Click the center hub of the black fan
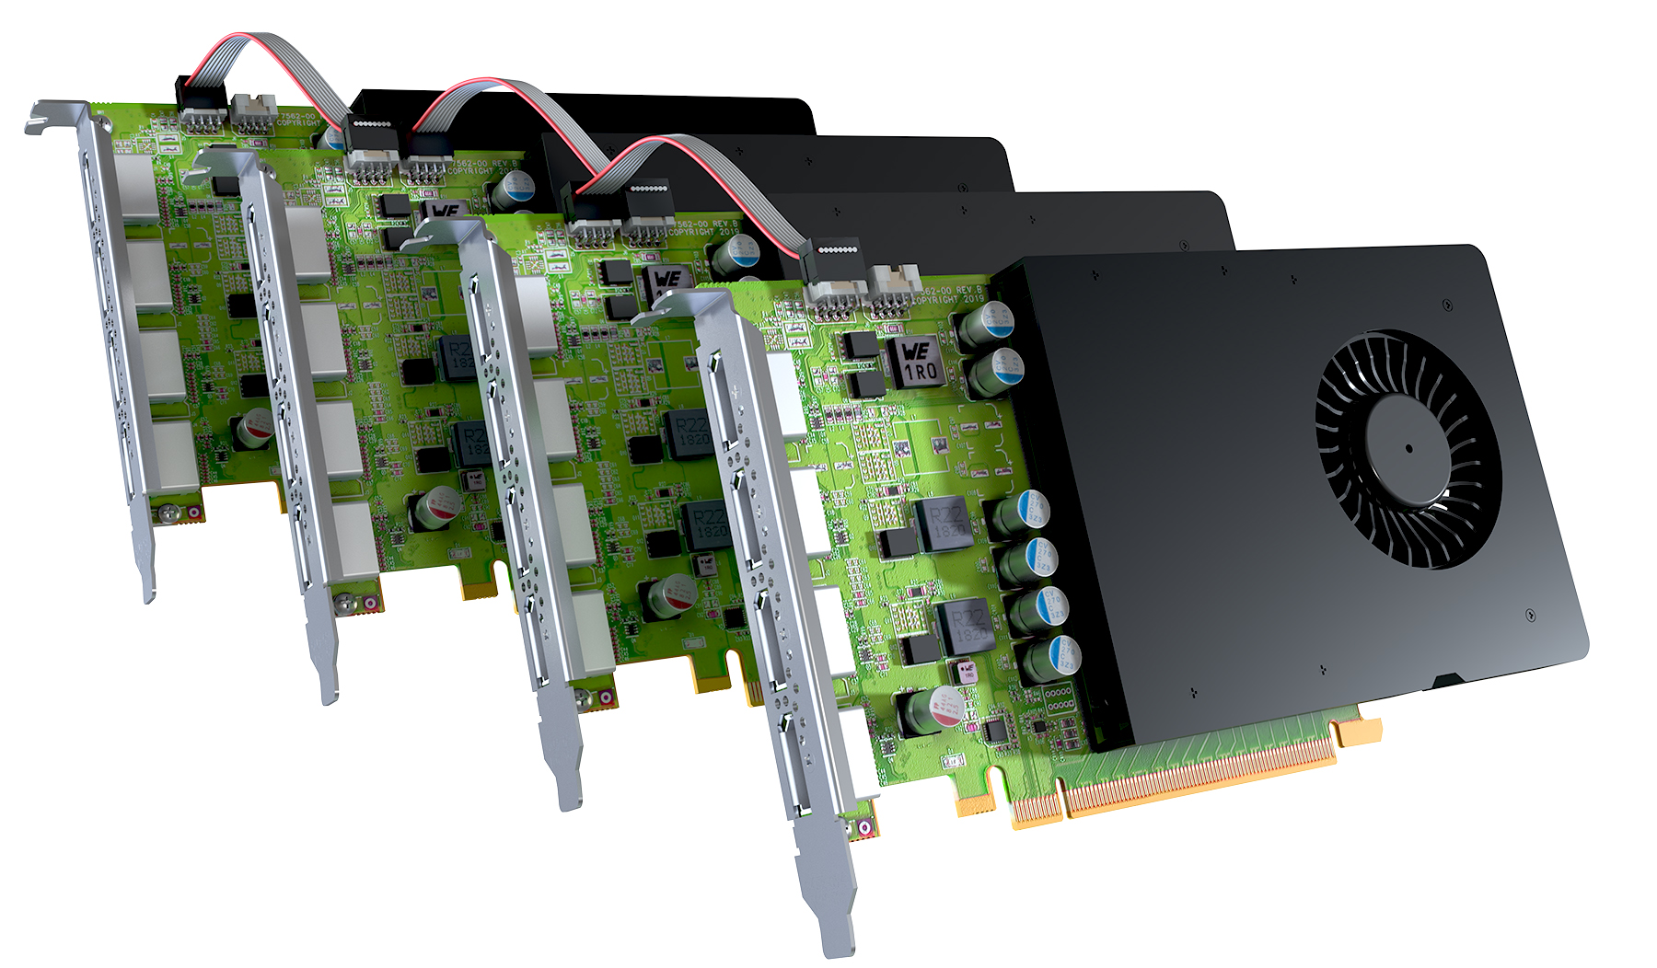(x=1408, y=449)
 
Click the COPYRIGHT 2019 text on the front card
(x=949, y=300)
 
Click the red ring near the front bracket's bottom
(x=864, y=828)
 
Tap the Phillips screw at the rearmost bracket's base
(x=168, y=513)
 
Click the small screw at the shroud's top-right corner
(x=1447, y=304)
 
